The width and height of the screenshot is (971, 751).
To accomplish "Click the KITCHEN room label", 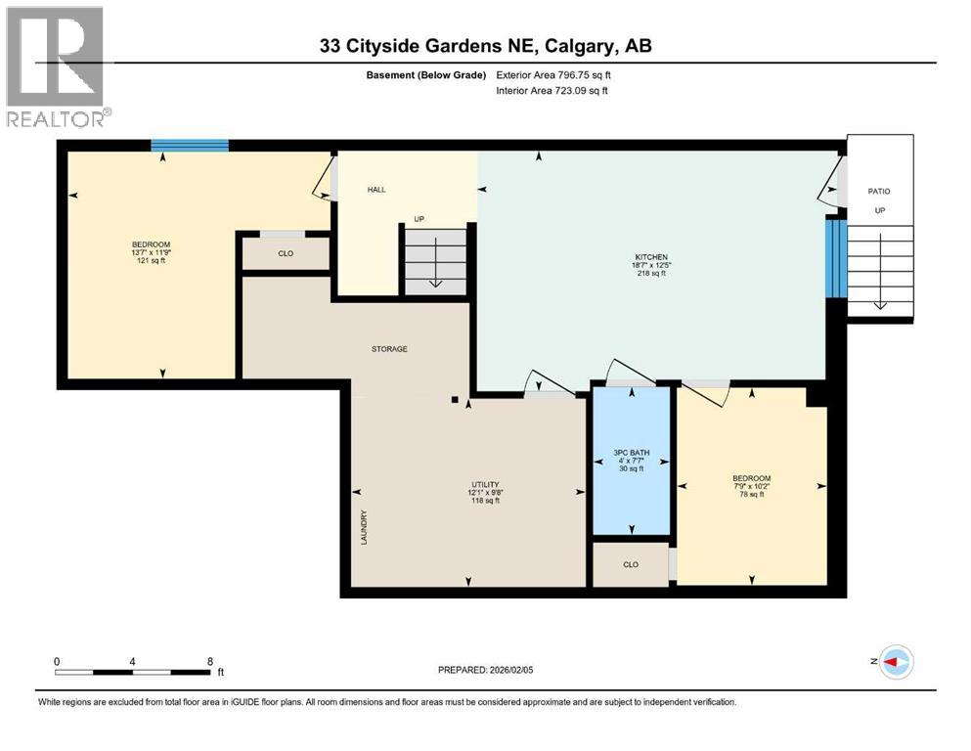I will [650, 257].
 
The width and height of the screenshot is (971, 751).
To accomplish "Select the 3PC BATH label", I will [631, 453].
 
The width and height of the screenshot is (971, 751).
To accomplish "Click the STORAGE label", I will [389, 349].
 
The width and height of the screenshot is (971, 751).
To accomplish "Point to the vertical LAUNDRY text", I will [363, 527].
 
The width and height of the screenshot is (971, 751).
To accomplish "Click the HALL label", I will [376, 190].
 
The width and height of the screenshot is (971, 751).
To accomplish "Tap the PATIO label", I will [879, 192].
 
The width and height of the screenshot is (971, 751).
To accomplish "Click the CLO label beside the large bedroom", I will [286, 253].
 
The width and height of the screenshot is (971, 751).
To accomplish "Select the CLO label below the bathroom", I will [631, 564].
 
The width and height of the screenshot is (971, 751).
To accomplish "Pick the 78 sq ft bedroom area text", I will [751, 494].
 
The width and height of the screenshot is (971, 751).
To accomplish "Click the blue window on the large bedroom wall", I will [190, 146].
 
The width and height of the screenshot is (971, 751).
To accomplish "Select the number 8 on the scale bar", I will [210, 661].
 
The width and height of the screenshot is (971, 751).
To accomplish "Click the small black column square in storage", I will [455, 399].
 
